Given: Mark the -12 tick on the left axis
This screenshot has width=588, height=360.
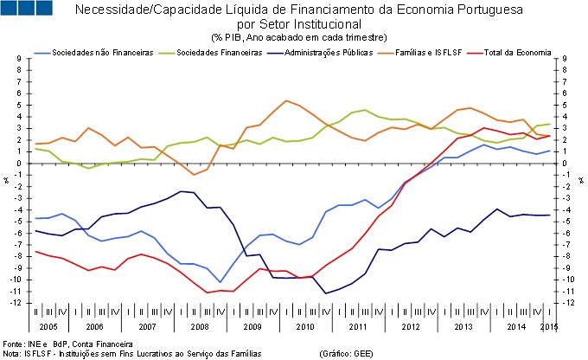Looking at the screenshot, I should click(x=17, y=303).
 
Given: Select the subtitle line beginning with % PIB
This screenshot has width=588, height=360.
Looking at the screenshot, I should click(x=293, y=37).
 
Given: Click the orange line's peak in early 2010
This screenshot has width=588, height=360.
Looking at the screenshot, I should click(x=286, y=100).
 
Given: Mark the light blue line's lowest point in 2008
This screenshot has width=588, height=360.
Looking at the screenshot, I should click(x=220, y=282).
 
